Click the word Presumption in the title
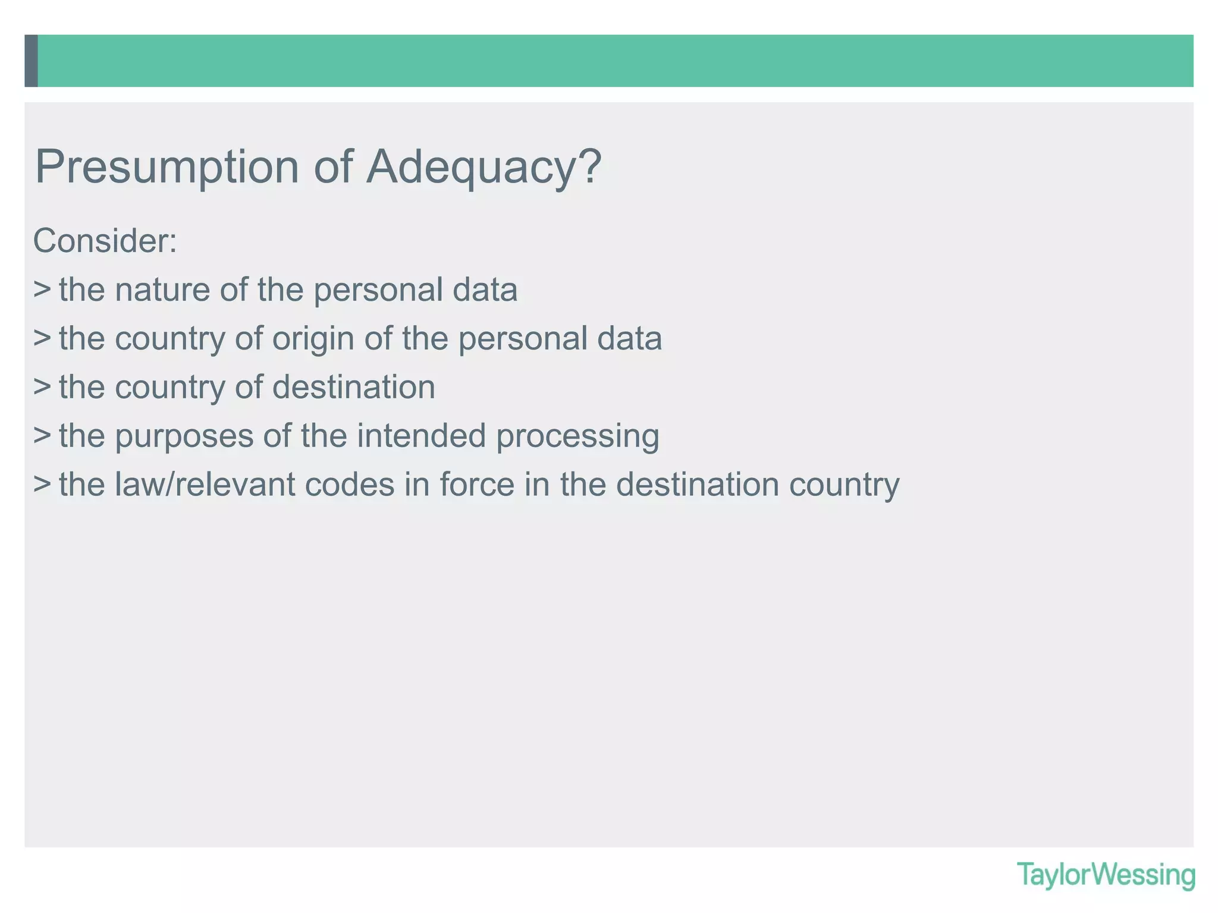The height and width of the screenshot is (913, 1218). [x=167, y=168]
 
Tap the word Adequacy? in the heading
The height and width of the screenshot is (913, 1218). [x=484, y=168]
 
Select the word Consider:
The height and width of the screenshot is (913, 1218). [x=105, y=241]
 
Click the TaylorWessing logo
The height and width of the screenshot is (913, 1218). [x=1106, y=875]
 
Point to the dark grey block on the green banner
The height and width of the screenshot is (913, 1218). [x=32, y=61]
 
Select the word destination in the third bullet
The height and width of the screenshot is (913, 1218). [x=354, y=387]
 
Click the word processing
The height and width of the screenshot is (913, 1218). [x=577, y=436]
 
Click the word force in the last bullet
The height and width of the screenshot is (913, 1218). [x=476, y=484]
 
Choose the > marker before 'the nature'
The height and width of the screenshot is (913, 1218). [x=42, y=289]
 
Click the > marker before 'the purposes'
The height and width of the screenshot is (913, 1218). [x=42, y=435]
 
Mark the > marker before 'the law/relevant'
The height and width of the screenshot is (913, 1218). [x=42, y=484]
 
